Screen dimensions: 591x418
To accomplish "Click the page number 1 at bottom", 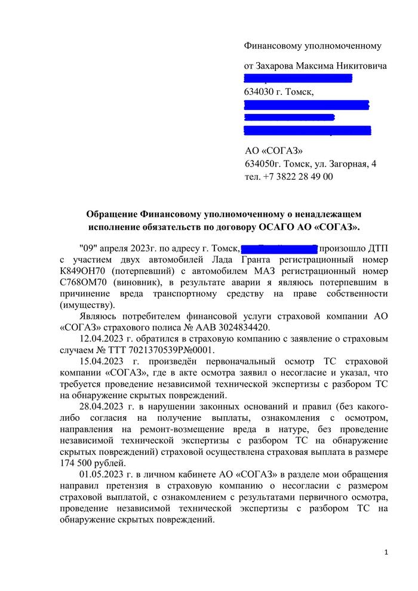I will tap(386, 553).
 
